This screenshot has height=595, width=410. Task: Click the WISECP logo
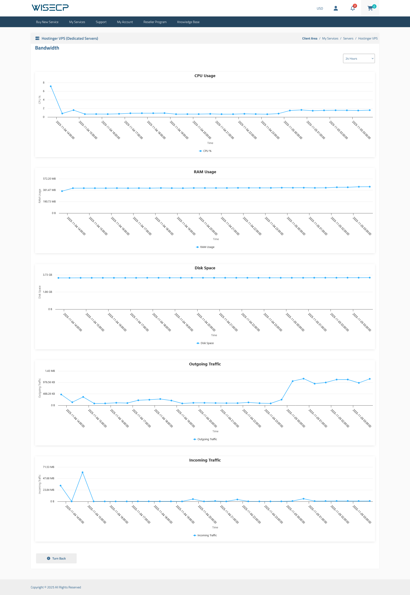tap(50, 8)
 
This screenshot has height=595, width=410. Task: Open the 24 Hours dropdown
tap(359, 59)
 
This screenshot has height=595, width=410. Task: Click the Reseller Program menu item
tap(155, 22)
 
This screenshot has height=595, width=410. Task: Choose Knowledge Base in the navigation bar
tap(188, 22)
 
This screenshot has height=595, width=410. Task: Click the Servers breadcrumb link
tap(348, 38)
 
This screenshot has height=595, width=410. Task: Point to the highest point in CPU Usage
tap(51, 86)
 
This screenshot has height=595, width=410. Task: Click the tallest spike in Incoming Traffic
tap(82, 472)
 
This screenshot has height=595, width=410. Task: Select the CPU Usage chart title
tap(205, 76)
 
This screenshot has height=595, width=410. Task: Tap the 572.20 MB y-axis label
tap(49, 179)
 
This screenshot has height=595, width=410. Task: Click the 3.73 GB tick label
tap(48, 275)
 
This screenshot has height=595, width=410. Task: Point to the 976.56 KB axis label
tap(49, 382)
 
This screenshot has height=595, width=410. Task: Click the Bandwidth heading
tap(47, 48)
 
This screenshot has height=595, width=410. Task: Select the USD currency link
tap(320, 9)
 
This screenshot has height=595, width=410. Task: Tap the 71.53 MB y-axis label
tap(48, 467)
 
